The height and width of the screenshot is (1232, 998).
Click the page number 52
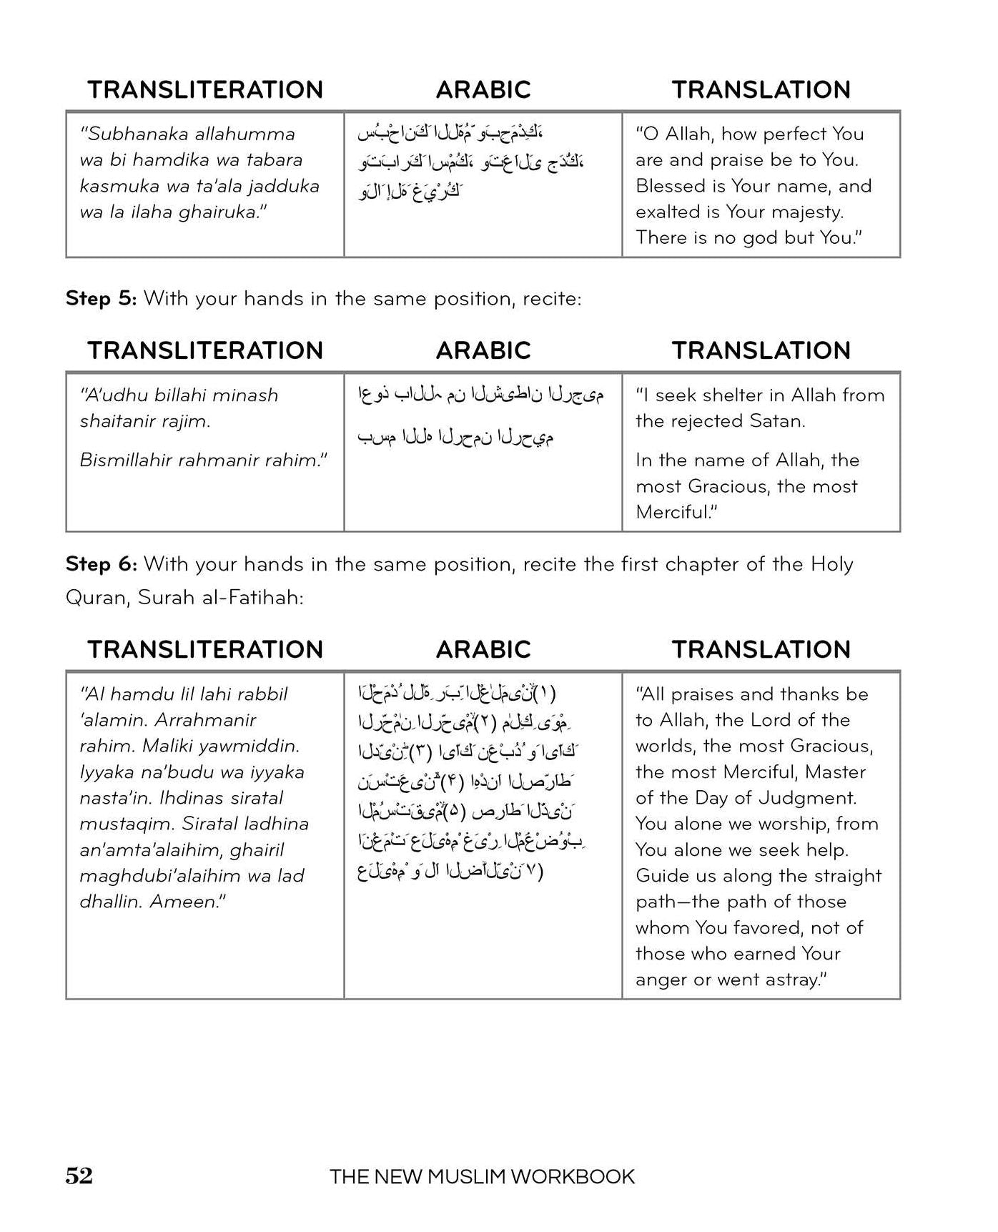pyautogui.click(x=79, y=1176)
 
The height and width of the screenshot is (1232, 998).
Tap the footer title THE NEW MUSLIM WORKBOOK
pyautogui.click(x=482, y=1177)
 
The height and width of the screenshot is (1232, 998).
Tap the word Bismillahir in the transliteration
pyautogui.click(x=127, y=460)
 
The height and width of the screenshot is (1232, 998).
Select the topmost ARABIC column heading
pyautogui.click(x=483, y=89)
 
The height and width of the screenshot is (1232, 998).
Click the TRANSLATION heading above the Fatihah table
pyautogui.click(x=761, y=649)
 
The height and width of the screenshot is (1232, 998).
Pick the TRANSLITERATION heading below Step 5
pyautogui.click(x=205, y=350)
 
